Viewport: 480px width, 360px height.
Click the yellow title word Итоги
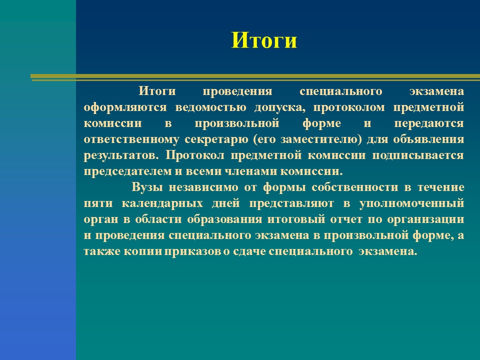[x=264, y=40]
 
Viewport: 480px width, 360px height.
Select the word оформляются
[x=125, y=108]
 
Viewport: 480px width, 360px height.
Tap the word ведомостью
[x=210, y=107]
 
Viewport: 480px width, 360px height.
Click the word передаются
[x=429, y=123]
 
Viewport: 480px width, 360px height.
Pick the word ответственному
[x=131, y=139]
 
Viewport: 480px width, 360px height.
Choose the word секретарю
[x=216, y=139]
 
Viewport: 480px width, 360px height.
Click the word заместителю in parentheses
[x=319, y=139]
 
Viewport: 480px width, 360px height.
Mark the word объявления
[x=428, y=139]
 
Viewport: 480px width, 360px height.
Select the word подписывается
[x=418, y=155]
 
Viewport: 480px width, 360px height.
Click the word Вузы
[x=147, y=187]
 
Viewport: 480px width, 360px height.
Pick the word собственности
[x=355, y=187]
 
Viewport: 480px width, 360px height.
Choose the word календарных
[x=162, y=203]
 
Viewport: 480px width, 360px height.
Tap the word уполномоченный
[x=411, y=203]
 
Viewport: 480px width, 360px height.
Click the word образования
[x=224, y=219]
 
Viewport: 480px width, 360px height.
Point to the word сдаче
[x=249, y=251]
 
